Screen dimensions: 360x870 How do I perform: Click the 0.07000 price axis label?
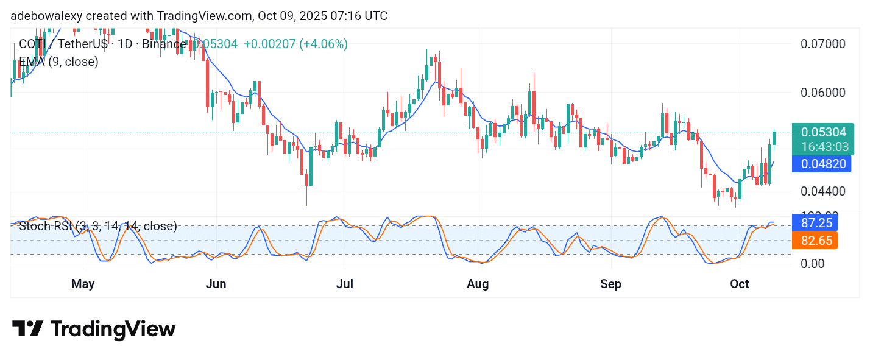(x=822, y=44)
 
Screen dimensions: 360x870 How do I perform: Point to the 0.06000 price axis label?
(x=822, y=93)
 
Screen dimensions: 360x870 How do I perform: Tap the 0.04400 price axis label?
(x=822, y=191)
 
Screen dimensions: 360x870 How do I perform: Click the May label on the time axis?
(x=83, y=284)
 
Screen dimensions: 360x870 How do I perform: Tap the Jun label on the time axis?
(x=216, y=284)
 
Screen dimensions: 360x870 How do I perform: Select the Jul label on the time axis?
(x=345, y=284)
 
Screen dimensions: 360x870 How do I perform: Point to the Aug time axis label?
(x=478, y=284)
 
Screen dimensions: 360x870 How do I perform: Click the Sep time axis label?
(x=610, y=284)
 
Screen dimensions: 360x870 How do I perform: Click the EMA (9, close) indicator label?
(x=58, y=62)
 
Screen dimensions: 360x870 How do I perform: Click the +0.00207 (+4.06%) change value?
(x=295, y=44)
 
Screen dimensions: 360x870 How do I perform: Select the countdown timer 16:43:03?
(x=825, y=147)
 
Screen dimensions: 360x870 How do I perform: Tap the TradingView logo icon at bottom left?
(x=27, y=330)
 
